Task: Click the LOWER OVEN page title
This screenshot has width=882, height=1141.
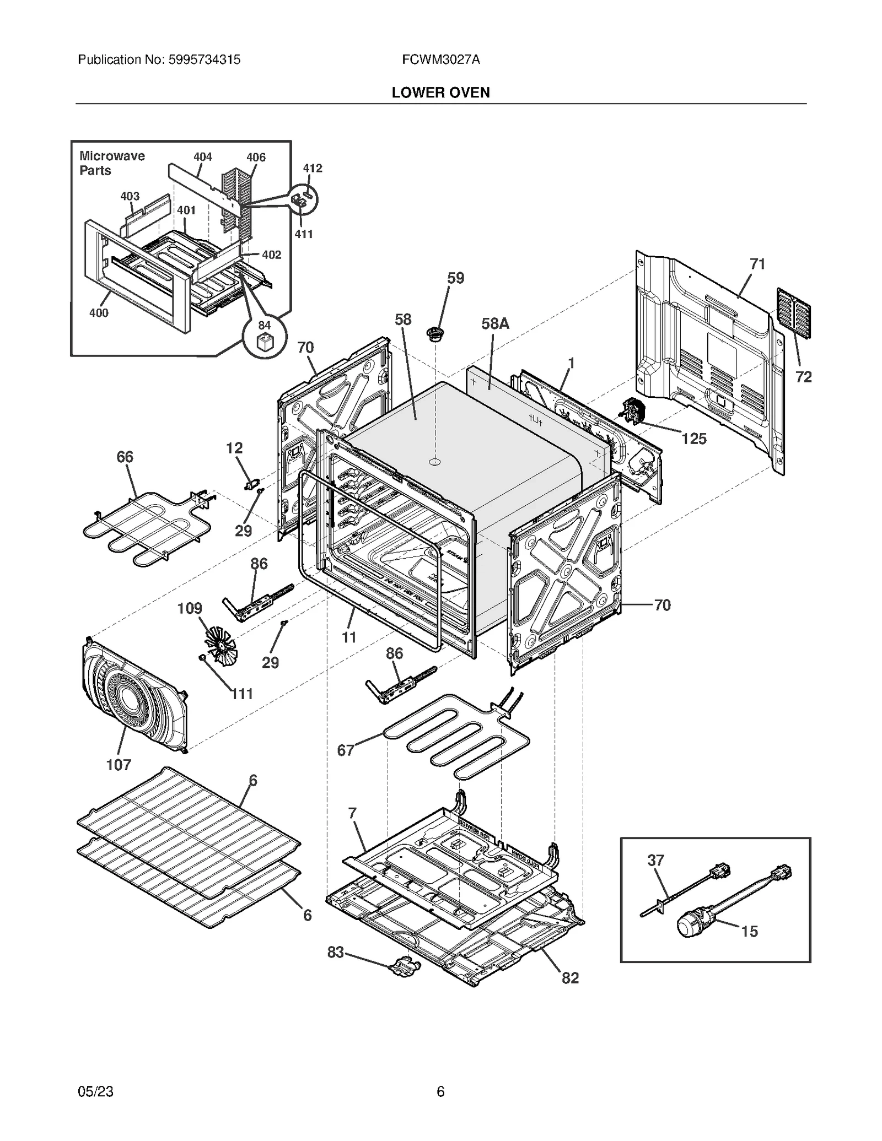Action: point(440,93)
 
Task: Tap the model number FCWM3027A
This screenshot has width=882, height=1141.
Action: point(440,60)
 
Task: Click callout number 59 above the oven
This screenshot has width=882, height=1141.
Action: point(455,278)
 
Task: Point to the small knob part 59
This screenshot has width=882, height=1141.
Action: point(435,334)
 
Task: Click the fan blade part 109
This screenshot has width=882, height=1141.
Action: point(222,645)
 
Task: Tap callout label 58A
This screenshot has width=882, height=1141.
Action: point(495,323)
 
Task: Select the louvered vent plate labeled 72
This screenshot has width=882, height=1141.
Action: point(794,313)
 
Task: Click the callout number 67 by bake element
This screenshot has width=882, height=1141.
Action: point(346,750)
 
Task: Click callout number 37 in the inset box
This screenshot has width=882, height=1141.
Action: point(655,860)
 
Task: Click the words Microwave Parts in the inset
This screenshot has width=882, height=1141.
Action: point(112,163)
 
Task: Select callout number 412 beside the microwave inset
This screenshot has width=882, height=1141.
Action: point(313,168)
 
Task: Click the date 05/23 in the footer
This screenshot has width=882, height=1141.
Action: point(96,1091)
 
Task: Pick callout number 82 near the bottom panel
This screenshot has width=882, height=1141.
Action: point(570,977)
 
